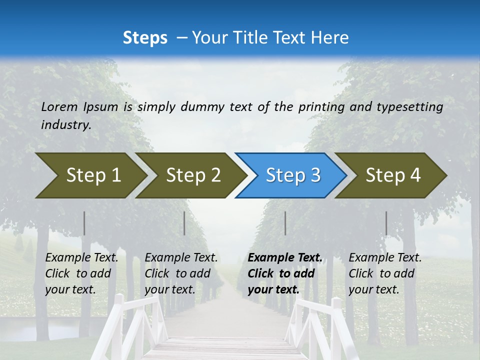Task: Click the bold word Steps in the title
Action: pyautogui.click(x=145, y=38)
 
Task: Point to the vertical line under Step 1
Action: pyautogui.click(x=84, y=223)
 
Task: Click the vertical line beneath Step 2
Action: pyautogui.click(x=184, y=223)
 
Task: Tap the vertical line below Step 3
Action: pyautogui.click(x=285, y=223)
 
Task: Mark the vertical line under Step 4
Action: pyautogui.click(x=386, y=223)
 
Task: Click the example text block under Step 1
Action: pyautogui.click(x=81, y=273)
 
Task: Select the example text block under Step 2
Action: pyautogui.click(x=181, y=273)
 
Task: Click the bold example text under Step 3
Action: pyautogui.click(x=285, y=273)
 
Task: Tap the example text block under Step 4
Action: pyautogui.click(x=385, y=273)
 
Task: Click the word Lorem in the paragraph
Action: pyautogui.click(x=59, y=107)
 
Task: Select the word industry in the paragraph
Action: pyautogui.click(x=65, y=125)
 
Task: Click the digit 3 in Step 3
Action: pyautogui.click(x=315, y=175)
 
